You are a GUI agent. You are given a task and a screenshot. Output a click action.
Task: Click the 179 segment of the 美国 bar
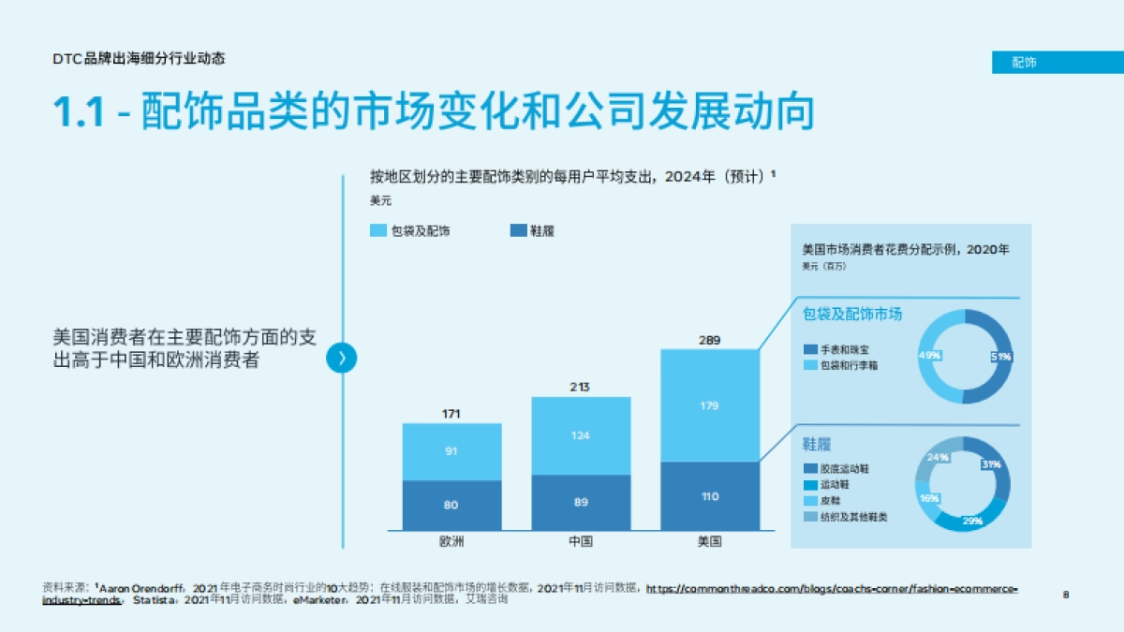[709, 405]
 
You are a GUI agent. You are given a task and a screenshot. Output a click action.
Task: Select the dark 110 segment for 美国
[709, 496]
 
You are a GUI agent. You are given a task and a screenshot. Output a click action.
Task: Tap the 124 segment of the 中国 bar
[581, 435]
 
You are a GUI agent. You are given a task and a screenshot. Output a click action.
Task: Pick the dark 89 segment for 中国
[581, 503]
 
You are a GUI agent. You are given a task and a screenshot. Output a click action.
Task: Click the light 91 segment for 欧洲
[451, 451]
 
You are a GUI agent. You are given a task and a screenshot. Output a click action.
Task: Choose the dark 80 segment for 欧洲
[451, 506]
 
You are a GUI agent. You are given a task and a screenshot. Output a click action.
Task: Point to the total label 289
[709, 340]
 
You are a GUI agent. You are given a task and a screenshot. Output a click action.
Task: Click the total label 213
[581, 387]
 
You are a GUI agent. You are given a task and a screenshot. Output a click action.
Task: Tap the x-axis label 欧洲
[451, 542]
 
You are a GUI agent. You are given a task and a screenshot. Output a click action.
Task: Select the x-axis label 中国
[581, 542]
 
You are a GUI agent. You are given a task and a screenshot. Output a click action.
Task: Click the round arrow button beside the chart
[342, 358]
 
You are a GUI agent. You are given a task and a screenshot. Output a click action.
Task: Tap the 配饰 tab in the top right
[1024, 63]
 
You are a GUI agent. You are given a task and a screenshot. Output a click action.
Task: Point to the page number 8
[1066, 594]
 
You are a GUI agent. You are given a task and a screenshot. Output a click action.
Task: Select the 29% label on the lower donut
[972, 520]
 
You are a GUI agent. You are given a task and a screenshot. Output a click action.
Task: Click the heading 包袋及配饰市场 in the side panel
[852, 314]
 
